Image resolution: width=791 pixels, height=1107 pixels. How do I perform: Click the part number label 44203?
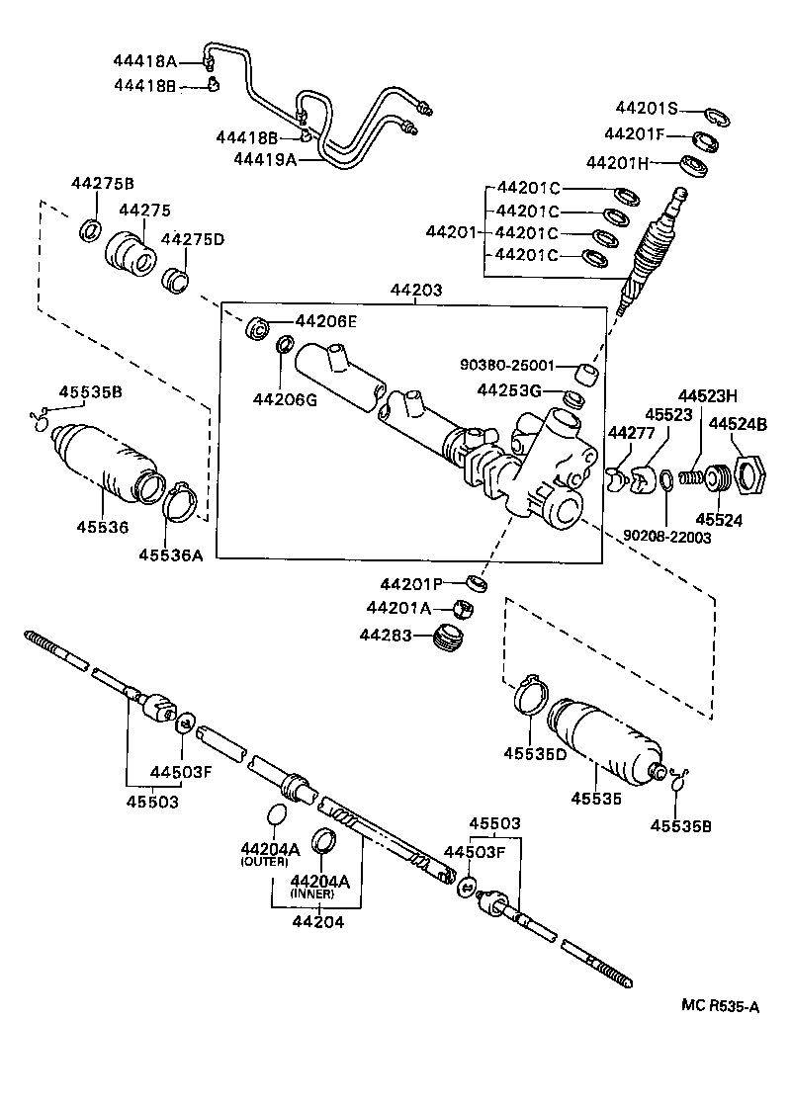point(415,291)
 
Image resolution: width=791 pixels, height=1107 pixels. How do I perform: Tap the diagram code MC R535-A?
point(720,1006)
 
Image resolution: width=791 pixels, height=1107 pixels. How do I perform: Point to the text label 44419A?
point(265,158)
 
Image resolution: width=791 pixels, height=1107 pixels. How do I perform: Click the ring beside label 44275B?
point(90,231)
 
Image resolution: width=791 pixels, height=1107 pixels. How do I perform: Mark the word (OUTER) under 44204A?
point(263,862)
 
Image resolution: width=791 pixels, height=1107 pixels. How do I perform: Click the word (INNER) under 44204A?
point(311,893)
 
